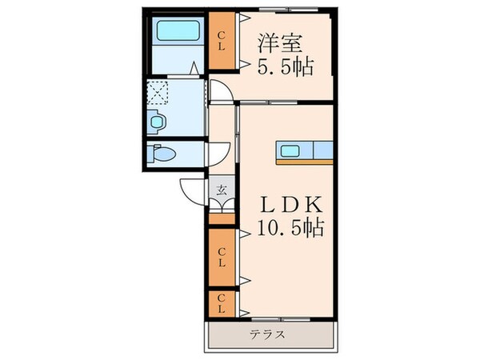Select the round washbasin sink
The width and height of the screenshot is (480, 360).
pos(157,122)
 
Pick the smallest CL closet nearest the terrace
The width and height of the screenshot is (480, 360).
pos(222,305)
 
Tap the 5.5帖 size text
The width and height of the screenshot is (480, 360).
pos(284,67)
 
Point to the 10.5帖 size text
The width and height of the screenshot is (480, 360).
pos(290,230)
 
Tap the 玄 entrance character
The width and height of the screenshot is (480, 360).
pos(222,190)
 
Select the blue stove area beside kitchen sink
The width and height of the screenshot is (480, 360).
pos(323,150)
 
